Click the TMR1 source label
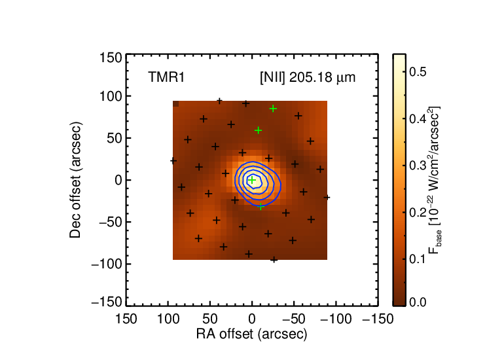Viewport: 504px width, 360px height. [x=166, y=77]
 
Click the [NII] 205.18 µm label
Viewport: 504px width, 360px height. [x=308, y=78]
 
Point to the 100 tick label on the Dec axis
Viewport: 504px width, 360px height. [x=111, y=96]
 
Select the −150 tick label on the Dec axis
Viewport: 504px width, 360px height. [x=107, y=302]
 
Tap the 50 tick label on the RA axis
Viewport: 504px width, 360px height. [x=210, y=319]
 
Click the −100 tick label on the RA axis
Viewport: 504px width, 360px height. [x=336, y=319]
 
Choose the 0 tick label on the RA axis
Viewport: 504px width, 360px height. [x=252, y=319]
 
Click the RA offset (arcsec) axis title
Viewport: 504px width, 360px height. [x=252, y=334]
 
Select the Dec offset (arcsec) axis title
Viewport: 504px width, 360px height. [x=75, y=180]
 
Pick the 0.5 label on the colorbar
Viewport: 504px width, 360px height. [x=418, y=72]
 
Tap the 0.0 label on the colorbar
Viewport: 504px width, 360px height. [x=418, y=302]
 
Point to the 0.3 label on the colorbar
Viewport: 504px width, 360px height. [x=418, y=165]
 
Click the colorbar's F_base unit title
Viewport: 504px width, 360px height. [x=434, y=180]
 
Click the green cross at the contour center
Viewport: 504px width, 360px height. [x=252, y=180]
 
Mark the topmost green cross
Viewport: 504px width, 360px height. [x=273, y=109]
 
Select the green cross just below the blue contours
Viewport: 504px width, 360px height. [x=261, y=207]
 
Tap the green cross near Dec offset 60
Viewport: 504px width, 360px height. [x=258, y=130]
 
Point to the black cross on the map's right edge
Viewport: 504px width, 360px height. [x=327, y=197]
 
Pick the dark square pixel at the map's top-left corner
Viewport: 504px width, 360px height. [x=176, y=103]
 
